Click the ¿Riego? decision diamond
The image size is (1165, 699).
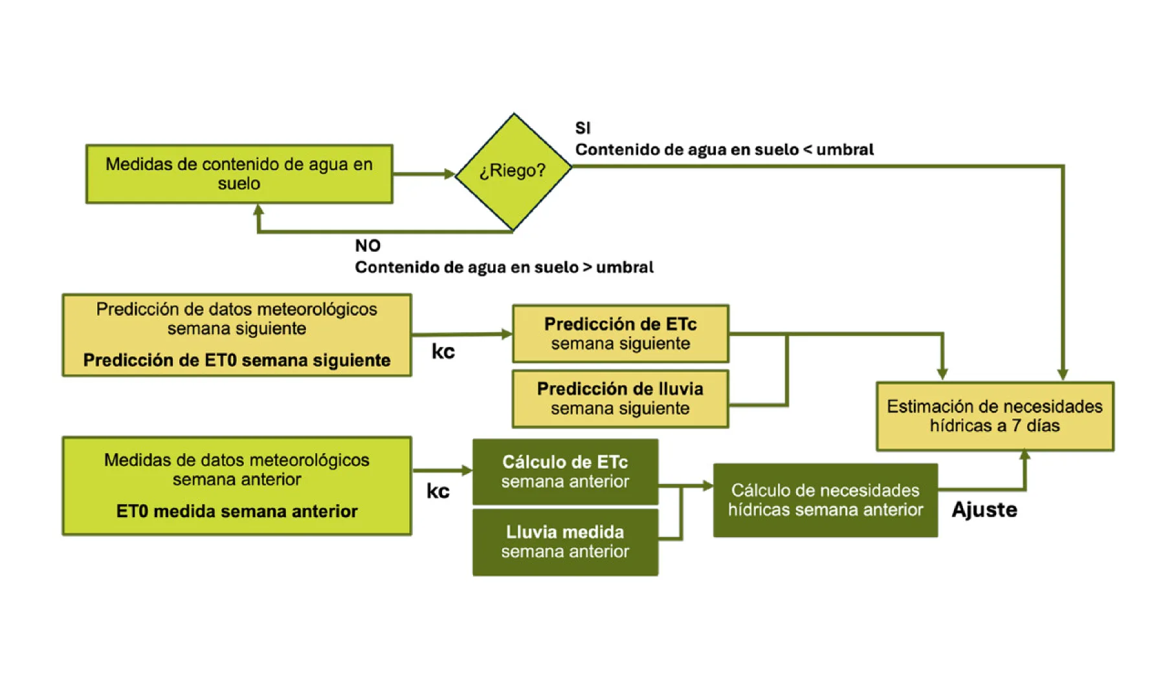(513, 171)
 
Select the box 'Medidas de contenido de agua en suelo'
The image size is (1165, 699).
(239, 173)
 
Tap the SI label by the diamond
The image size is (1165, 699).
(582, 128)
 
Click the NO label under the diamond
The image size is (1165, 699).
(368, 246)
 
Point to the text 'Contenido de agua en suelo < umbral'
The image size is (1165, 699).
(724, 150)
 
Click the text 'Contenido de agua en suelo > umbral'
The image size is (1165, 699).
(504, 267)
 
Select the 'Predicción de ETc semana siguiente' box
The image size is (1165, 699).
(620, 333)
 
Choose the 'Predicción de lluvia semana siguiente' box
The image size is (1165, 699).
(620, 399)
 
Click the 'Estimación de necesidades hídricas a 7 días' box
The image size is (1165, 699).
(994, 416)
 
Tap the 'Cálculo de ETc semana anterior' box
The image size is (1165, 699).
(565, 472)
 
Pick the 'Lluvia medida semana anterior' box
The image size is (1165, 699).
(565, 542)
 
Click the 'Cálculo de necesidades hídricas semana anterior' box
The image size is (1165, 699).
(825, 500)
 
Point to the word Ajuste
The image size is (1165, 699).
(984, 510)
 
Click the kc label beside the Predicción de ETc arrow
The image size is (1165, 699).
(443, 351)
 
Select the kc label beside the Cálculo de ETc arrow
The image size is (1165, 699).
(438, 491)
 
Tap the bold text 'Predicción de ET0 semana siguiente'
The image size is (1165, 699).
(237, 361)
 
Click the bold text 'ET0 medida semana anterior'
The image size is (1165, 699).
(237, 511)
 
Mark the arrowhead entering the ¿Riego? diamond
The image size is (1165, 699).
(450, 173)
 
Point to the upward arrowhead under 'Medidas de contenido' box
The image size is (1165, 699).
(259, 210)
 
